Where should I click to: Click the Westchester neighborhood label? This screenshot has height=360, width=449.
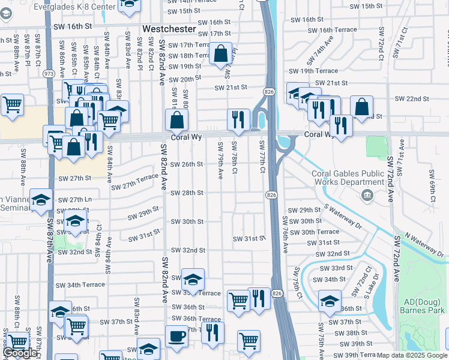tap(169, 29)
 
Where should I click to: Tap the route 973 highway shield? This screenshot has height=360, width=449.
tap(49, 74)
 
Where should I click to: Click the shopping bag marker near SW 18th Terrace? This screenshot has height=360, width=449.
tap(221, 53)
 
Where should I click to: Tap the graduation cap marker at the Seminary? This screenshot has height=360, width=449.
tap(41, 199)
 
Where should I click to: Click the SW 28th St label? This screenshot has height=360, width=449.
tap(187, 193)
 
